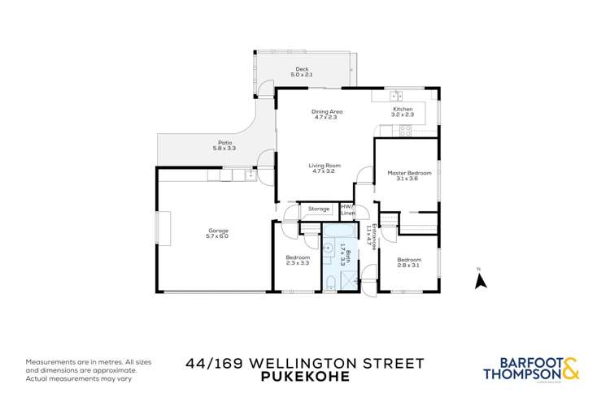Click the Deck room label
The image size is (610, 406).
(303, 69)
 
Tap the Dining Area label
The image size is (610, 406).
(327, 111)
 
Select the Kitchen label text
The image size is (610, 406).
(403, 109)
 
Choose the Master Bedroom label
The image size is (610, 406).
(408, 172)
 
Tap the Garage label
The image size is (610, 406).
(218, 231)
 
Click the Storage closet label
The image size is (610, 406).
(319, 209)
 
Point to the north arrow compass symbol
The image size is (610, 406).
(480, 279)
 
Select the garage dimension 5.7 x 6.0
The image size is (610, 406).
(218, 236)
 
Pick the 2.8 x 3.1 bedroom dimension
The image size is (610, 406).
(408, 266)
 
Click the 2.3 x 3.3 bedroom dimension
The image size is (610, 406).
(298, 263)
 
